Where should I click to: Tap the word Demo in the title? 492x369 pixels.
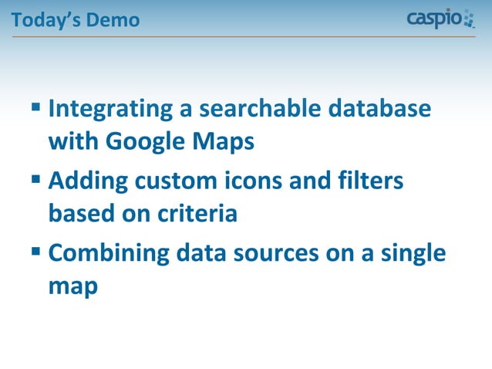tap(113, 19)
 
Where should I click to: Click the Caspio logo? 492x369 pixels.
tap(440, 18)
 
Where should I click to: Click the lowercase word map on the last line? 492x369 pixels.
tap(72, 287)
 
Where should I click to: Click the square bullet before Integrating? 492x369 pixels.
tap(36, 107)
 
